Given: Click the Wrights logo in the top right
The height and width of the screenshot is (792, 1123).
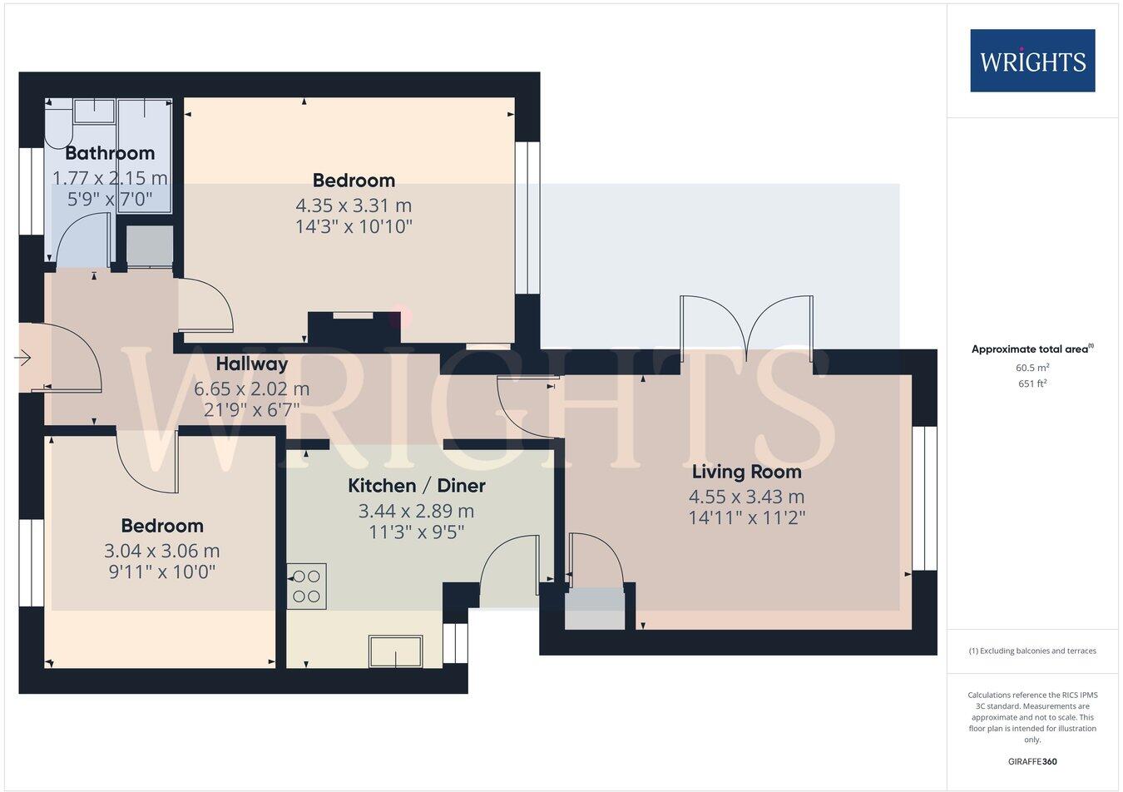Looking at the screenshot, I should pyautogui.click(x=1032, y=61).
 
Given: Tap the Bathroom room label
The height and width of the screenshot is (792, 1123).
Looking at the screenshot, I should pyautogui.click(x=110, y=153).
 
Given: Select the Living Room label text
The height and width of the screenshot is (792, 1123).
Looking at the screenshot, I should pyautogui.click(x=746, y=472).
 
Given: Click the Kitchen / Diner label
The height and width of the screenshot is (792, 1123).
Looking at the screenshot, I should pyautogui.click(x=416, y=486).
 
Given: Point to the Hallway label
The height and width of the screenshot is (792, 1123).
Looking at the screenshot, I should pyautogui.click(x=252, y=364).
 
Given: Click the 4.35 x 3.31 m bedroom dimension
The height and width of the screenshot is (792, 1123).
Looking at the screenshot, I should pyautogui.click(x=354, y=205).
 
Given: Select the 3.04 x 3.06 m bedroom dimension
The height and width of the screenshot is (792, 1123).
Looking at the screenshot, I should pyautogui.click(x=162, y=551).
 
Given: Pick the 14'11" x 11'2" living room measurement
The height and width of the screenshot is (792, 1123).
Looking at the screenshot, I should pyautogui.click(x=746, y=517).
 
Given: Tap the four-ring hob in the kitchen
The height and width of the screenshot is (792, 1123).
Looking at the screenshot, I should pyautogui.click(x=307, y=587).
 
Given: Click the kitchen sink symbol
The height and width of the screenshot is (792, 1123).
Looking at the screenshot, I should pyautogui.click(x=396, y=651).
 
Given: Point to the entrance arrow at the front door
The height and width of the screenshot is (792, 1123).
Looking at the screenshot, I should pyautogui.click(x=22, y=358).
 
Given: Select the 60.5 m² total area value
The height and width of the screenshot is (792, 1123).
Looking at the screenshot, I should pyautogui.click(x=1031, y=368).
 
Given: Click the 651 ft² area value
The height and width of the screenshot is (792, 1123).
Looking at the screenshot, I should pyautogui.click(x=1031, y=384).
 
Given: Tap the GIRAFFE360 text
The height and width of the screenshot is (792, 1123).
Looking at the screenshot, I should pyautogui.click(x=1031, y=761).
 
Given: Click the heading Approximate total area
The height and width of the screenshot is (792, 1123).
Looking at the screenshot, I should pyautogui.click(x=1031, y=349).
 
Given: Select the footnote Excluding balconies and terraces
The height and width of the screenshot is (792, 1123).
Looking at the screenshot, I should pyautogui.click(x=1031, y=651).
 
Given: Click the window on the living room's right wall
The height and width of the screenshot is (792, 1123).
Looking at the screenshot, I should pyautogui.click(x=924, y=498).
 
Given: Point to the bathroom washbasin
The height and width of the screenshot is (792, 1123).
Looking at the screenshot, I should pyautogui.click(x=93, y=110).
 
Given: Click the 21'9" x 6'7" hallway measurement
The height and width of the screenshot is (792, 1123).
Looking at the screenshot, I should pyautogui.click(x=252, y=409).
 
